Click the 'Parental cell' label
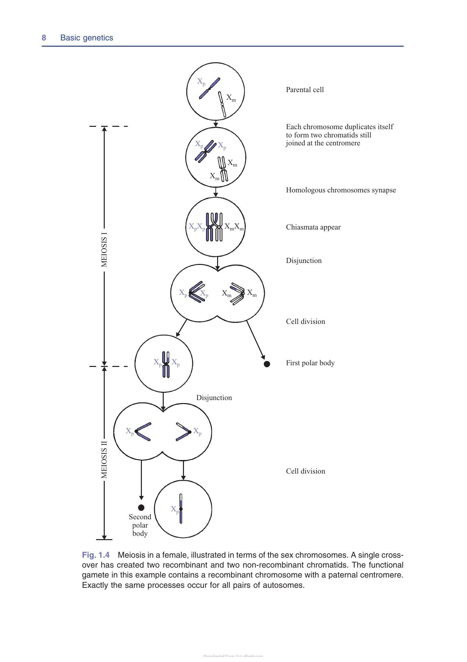[x=305, y=90]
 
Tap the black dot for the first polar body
[x=267, y=364]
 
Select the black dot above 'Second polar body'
[x=141, y=507]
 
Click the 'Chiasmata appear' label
[x=313, y=227]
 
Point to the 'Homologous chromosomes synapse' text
[x=341, y=190]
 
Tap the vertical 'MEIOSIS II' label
[x=104, y=459]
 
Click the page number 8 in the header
[x=44, y=38]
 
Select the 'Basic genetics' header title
[x=87, y=38]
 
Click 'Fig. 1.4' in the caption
[x=95, y=555]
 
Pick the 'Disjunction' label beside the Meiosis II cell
[x=214, y=398]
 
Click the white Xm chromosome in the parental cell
[x=222, y=104]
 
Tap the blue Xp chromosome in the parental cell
[x=209, y=88]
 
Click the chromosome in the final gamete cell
[x=181, y=509]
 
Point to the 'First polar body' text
[x=310, y=363]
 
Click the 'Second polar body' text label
[x=140, y=525]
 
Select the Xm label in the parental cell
[x=231, y=98]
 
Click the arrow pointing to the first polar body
[x=256, y=340]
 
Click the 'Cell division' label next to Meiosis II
[x=306, y=471]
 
